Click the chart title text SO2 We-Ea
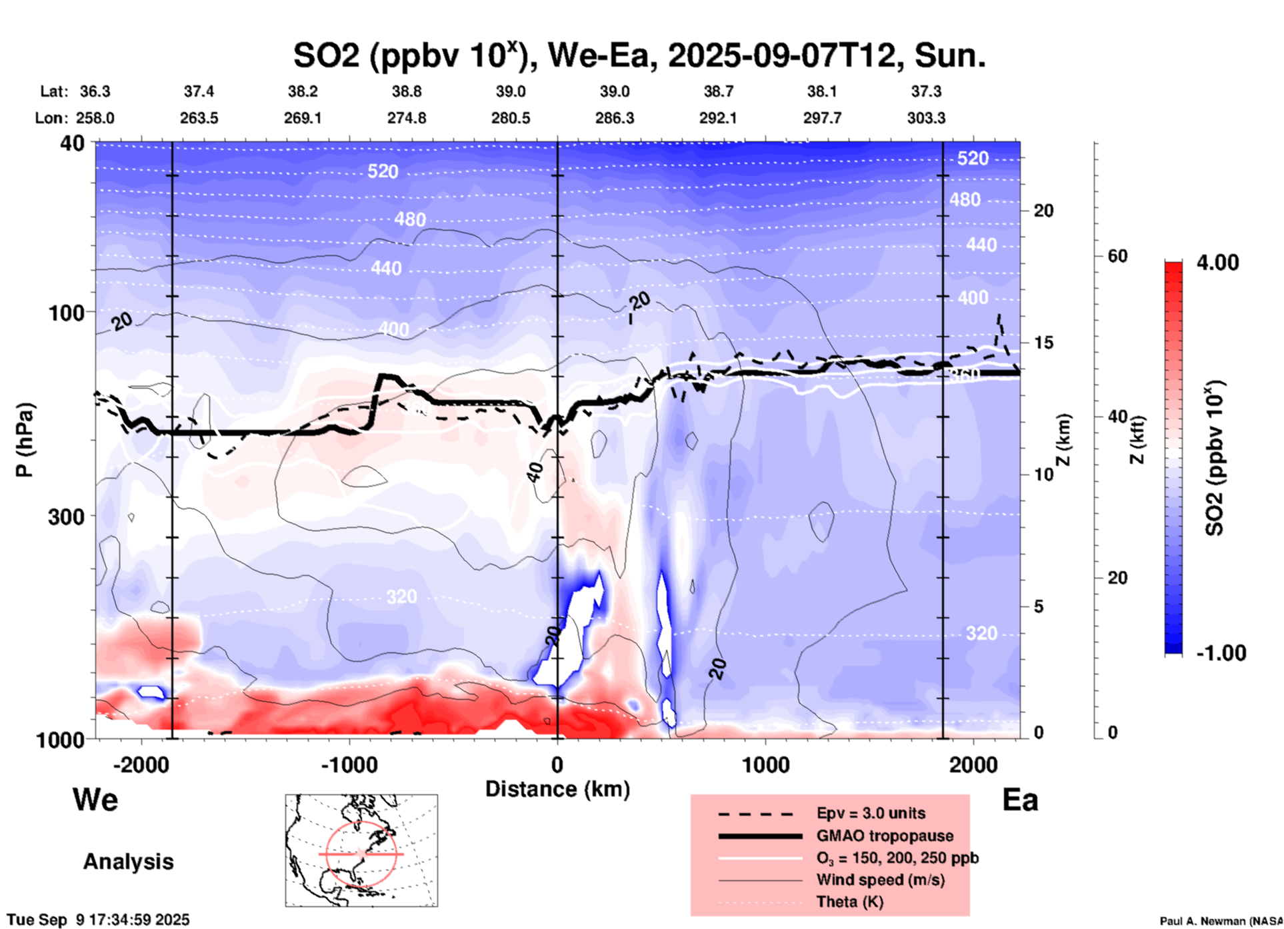click(x=639, y=56)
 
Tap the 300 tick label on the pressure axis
click(x=67, y=516)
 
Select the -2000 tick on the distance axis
click(x=141, y=765)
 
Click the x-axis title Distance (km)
click(x=557, y=789)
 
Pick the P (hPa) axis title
click(x=25, y=440)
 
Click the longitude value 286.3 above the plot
click(x=614, y=118)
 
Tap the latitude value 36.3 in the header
click(x=95, y=91)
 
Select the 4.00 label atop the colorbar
click(x=1217, y=263)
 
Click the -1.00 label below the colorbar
click(x=1221, y=653)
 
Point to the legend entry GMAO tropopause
click(x=885, y=836)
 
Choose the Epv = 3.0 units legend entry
click(x=871, y=814)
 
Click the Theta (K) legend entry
click(x=849, y=902)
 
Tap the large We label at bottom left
click(x=95, y=800)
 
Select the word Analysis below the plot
click(x=128, y=862)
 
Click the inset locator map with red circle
click(x=361, y=850)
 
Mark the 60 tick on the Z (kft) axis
click(x=1117, y=257)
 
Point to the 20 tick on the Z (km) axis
click(x=1043, y=211)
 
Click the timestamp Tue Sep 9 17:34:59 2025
click(x=99, y=920)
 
